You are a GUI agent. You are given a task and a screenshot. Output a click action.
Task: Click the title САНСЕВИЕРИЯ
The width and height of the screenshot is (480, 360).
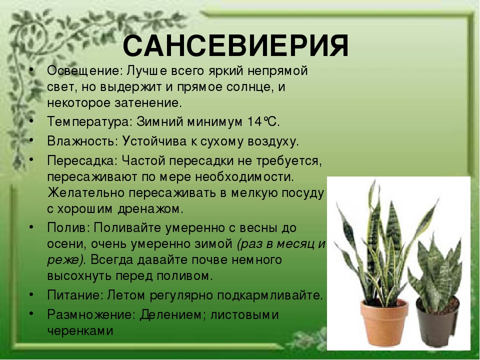point(235,46)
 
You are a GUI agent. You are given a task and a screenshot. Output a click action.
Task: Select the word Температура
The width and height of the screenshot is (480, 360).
point(89,122)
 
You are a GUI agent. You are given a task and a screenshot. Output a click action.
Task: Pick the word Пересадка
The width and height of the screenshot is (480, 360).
point(82,160)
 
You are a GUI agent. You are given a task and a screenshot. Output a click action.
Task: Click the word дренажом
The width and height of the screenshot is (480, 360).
point(150,209)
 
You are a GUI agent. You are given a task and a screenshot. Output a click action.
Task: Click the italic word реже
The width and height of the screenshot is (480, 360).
point(64,260)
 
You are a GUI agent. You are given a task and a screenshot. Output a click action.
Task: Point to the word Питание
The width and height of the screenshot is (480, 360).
point(74,295)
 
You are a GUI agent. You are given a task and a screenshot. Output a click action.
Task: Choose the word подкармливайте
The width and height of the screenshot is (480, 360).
point(269,295)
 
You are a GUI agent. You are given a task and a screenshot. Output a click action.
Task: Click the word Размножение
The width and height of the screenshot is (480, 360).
point(91,314)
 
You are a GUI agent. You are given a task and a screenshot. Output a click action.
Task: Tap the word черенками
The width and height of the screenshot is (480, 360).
point(80,330)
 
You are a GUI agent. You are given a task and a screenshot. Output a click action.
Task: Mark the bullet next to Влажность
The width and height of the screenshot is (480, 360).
point(31,140)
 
